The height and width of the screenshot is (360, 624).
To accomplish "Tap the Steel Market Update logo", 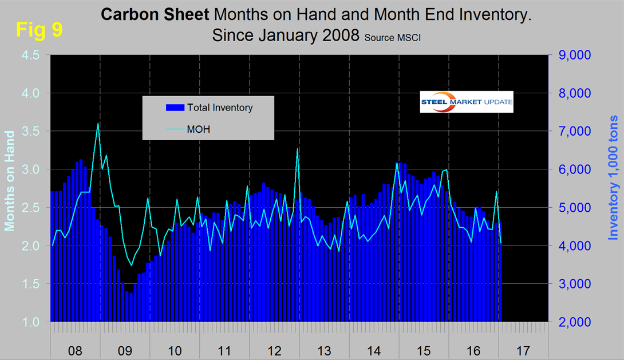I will (x=467, y=102).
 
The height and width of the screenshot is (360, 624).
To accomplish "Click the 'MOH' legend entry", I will (x=198, y=129).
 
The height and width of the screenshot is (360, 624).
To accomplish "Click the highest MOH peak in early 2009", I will (x=98, y=124).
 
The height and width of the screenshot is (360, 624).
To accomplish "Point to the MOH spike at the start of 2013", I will (x=298, y=149).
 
